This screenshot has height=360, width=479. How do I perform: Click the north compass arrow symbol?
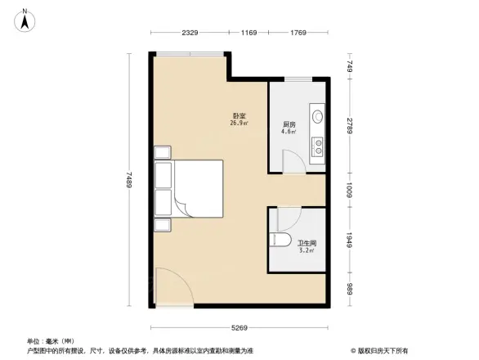(x=25, y=19)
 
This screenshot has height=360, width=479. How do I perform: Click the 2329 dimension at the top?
(x=190, y=33)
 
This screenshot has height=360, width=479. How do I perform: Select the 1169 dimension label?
(x=248, y=33)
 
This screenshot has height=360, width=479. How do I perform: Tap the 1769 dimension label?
(x=297, y=33)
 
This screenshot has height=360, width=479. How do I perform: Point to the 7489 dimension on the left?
(x=130, y=179)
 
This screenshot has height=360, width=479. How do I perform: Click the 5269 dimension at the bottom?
(x=239, y=327)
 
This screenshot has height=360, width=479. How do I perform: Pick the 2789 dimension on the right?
(x=349, y=126)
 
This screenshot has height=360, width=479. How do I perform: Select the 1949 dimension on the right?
(x=349, y=241)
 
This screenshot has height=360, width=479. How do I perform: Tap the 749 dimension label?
(x=349, y=66)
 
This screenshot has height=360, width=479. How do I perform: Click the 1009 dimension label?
(x=349, y=191)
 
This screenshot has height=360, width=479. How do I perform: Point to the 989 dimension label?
(x=349, y=288)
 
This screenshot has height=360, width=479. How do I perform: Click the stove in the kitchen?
(x=316, y=146)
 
